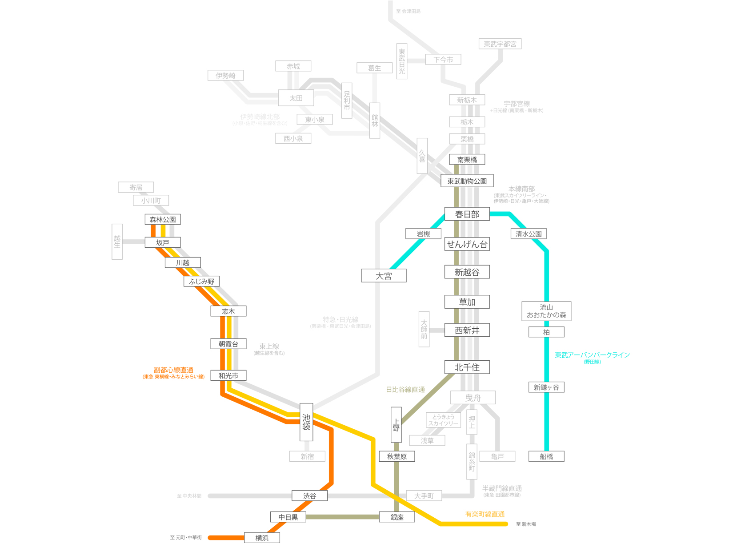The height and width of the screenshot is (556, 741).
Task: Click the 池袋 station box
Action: tap(306, 422)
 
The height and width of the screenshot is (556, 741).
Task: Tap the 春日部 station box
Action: tap(467, 214)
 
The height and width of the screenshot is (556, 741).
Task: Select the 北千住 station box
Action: tap(467, 367)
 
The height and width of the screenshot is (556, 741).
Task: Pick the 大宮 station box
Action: tap(384, 276)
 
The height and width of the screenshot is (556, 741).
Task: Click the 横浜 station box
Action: tap(262, 538)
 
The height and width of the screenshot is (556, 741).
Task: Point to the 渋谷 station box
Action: tap(309, 496)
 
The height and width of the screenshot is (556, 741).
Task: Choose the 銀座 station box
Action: tap(397, 517)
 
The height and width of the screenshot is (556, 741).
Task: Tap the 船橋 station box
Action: tap(546, 456)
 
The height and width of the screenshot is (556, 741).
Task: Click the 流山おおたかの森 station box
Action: tap(546, 311)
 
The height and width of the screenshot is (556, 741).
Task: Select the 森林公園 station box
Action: tap(162, 219)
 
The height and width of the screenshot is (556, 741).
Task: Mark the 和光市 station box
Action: tap(228, 375)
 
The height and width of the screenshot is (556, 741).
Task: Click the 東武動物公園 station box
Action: tap(467, 181)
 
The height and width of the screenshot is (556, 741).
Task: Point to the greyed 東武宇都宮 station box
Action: tap(500, 44)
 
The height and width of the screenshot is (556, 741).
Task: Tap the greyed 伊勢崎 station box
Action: tap(225, 76)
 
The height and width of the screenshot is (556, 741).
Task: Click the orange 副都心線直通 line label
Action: tap(173, 370)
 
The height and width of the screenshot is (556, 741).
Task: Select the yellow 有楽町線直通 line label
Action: tap(485, 514)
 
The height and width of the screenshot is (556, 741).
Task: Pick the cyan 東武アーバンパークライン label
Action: tap(592, 355)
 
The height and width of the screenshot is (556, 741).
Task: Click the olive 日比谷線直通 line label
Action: tap(405, 390)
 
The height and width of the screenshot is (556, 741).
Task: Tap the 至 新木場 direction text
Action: tap(526, 524)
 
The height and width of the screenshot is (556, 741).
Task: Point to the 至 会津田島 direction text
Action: tap(408, 11)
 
